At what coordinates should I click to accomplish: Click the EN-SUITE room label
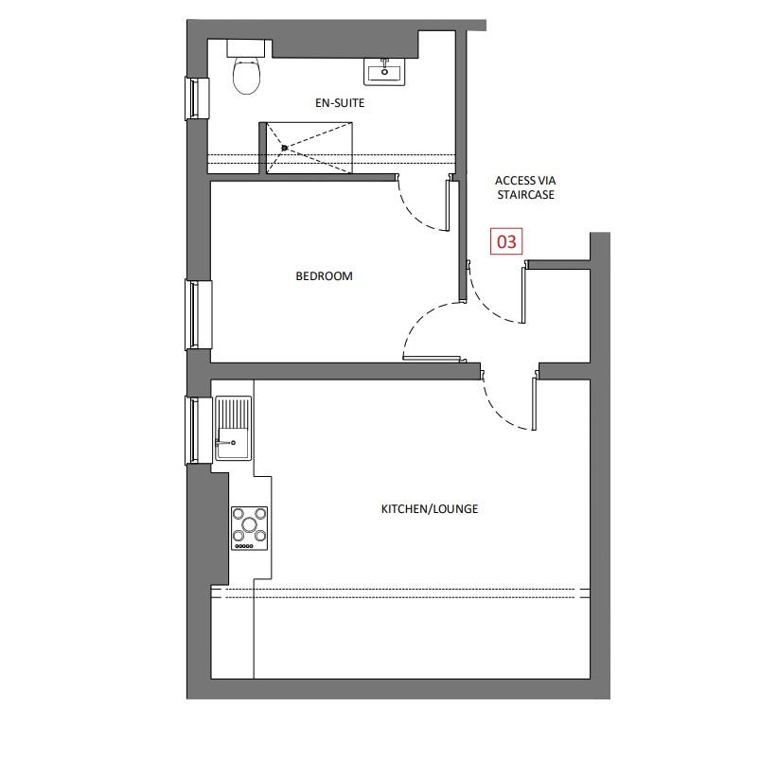pyautogui.click(x=338, y=102)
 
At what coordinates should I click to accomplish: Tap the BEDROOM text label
pyautogui.click(x=324, y=276)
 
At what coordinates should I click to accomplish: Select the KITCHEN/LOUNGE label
pyautogui.click(x=429, y=509)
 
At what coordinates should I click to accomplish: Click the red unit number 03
pyautogui.click(x=506, y=241)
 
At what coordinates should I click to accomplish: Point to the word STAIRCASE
pyautogui.click(x=525, y=195)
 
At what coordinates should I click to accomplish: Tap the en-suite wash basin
pyautogui.click(x=385, y=70)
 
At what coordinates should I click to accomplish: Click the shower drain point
pyautogui.click(x=284, y=148)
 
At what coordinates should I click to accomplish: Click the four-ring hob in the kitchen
pyautogui.click(x=250, y=529)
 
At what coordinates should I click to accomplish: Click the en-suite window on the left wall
pyautogui.click(x=196, y=98)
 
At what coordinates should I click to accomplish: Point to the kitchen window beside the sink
pyautogui.click(x=197, y=431)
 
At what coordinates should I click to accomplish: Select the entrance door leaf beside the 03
pyautogui.click(x=522, y=294)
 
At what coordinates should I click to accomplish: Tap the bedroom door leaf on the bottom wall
pyautogui.click(x=432, y=358)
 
